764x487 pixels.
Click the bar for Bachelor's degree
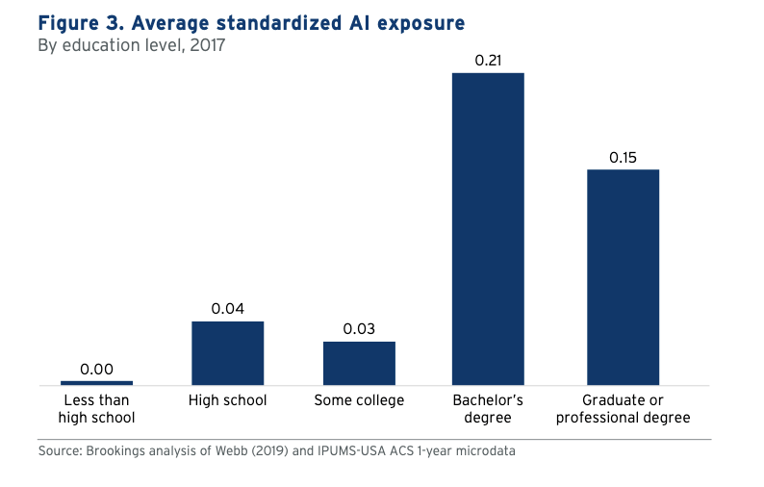point(489,229)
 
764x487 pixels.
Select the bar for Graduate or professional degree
point(623,277)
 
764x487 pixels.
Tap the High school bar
point(228,353)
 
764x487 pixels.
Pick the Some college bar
point(359,363)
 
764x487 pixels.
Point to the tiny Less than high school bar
point(96,383)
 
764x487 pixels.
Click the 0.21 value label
point(489,61)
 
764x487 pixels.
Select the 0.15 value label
point(623,157)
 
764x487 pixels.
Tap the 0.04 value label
point(228,309)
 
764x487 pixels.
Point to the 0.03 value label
point(359,329)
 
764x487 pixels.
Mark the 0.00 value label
point(96,369)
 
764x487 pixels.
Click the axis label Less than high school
point(96,409)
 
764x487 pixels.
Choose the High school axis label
point(228,400)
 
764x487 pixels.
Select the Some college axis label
point(359,400)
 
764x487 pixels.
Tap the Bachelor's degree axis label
point(489,409)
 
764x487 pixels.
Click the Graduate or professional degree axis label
point(623,409)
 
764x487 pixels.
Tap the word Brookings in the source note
point(118,450)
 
